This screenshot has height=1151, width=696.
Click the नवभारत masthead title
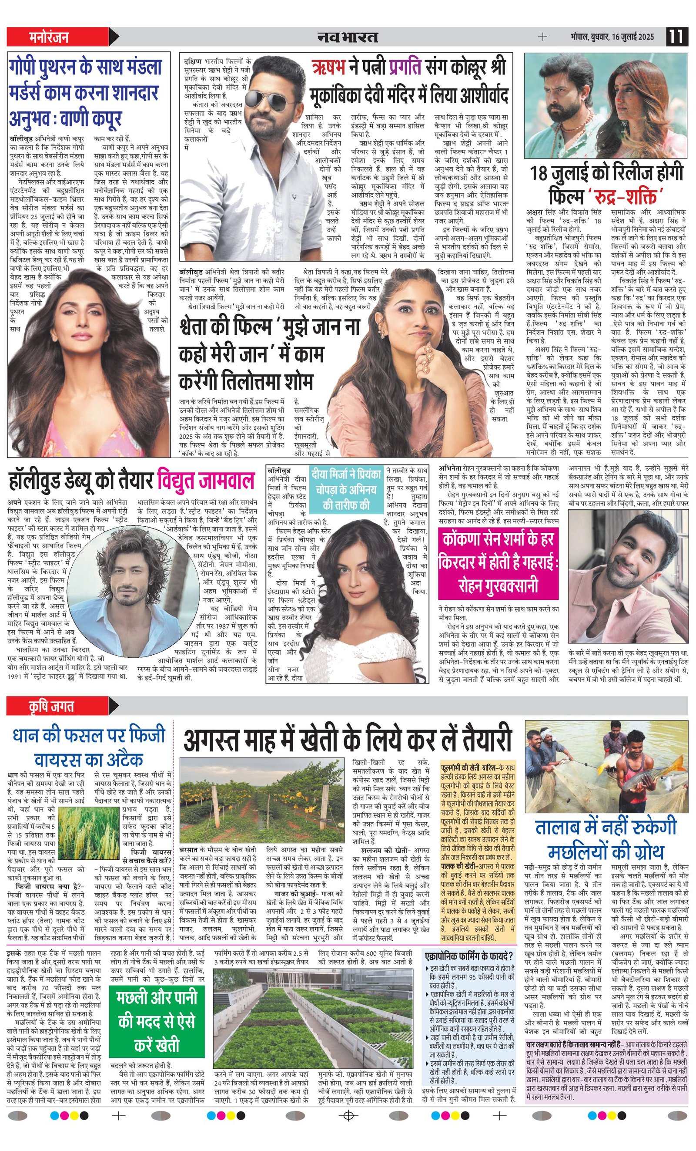347,37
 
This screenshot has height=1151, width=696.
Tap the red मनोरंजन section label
49,37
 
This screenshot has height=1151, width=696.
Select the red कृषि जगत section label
51,707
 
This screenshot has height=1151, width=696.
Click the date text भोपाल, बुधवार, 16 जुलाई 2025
612,37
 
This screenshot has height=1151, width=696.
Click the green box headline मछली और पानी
156,1021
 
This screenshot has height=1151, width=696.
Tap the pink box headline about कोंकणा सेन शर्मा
498,562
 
